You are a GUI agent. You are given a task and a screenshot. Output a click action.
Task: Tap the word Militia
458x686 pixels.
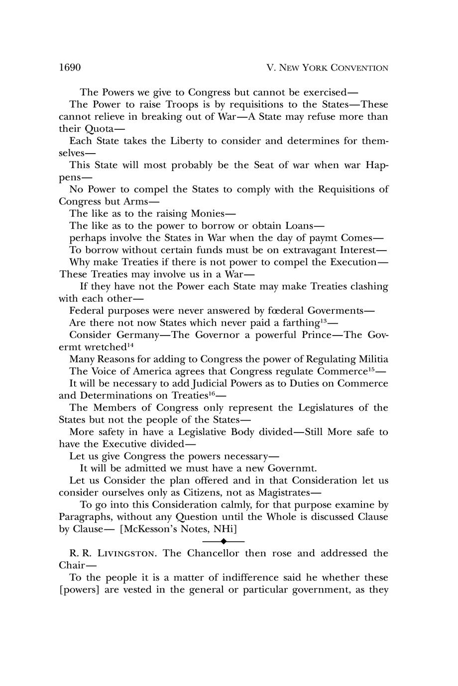[371, 359]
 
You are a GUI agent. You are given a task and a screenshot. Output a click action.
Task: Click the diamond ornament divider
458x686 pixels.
[224, 541]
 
